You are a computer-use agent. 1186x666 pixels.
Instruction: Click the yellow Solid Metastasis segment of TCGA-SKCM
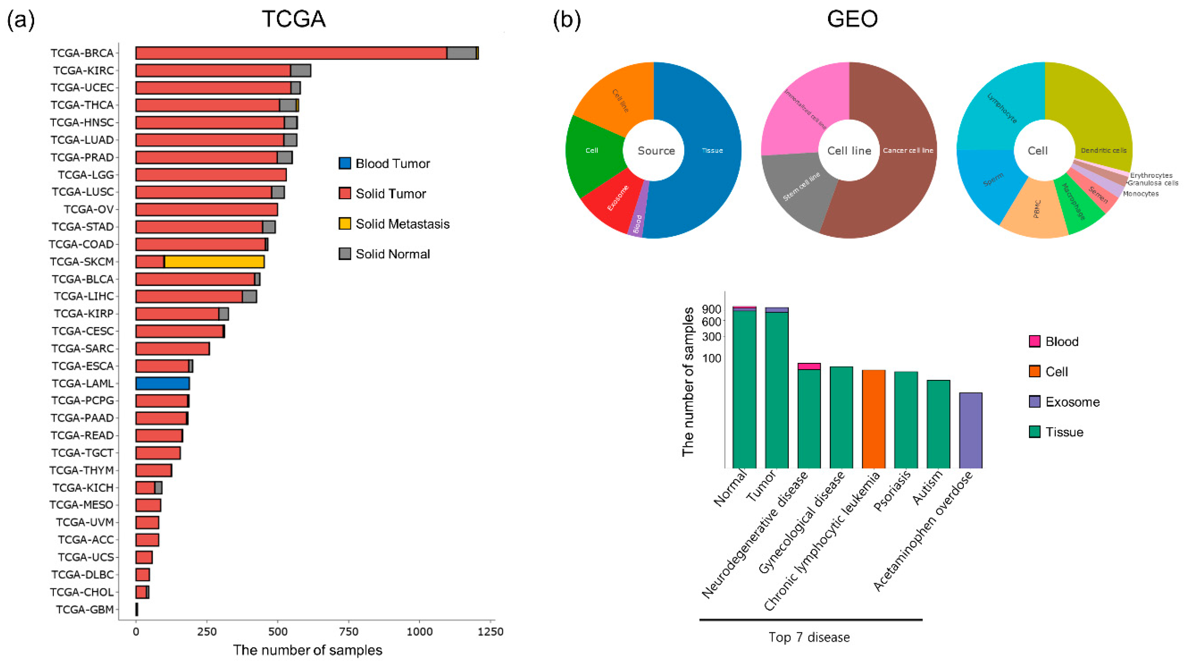click(214, 262)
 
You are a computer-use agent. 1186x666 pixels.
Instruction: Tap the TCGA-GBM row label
click(85, 609)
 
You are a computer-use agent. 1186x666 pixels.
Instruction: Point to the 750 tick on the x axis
click(348, 632)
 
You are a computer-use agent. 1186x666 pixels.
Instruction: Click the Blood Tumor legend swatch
click(345, 164)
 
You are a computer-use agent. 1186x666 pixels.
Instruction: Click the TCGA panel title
click(294, 19)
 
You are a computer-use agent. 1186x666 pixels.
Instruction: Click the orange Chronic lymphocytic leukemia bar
click(873, 419)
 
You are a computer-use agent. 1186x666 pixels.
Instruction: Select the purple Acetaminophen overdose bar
click(971, 430)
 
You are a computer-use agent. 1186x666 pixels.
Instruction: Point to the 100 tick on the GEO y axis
click(712, 358)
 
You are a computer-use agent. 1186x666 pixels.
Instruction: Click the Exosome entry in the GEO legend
click(1072, 402)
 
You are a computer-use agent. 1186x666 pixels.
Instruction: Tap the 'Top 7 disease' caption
click(809, 637)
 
